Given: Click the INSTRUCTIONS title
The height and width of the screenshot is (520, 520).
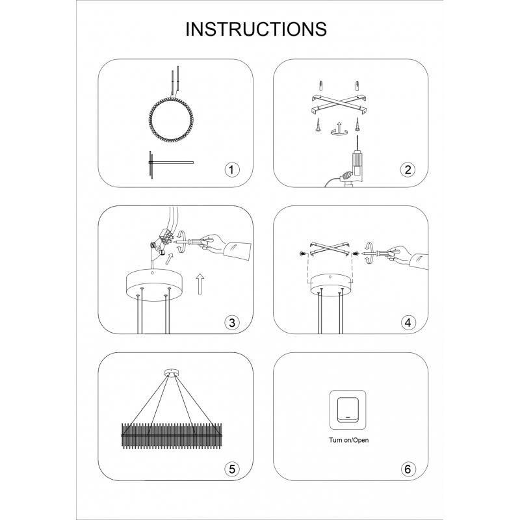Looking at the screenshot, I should click(256, 29).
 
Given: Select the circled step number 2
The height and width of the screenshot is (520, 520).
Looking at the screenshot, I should click(408, 170).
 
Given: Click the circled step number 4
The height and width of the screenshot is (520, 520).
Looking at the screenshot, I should click(408, 322).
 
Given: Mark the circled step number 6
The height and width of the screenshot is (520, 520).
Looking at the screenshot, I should click(408, 468).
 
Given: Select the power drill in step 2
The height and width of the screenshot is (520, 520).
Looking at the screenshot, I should click(356, 166).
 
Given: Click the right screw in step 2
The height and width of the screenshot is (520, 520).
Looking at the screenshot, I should click(357, 123).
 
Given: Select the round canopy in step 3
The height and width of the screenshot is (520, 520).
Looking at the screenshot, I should click(153, 283).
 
